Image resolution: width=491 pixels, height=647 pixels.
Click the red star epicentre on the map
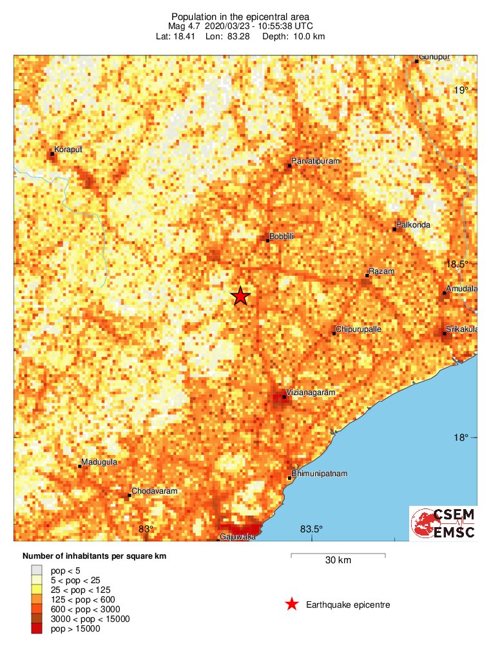pyautogui.click(x=240, y=296)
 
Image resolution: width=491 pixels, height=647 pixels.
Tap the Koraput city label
pyautogui.click(x=68, y=150)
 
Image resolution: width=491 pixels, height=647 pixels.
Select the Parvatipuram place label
pyautogui.click(x=315, y=160)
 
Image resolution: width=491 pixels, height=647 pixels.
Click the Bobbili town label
pyautogui.click(x=282, y=237)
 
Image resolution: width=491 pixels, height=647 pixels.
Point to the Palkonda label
pyautogui.click(x=414, y=225)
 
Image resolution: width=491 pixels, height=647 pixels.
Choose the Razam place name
pyautogui.click(x=381, y=272)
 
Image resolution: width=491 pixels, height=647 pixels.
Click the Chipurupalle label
pyautogui.click(x=359, y=329)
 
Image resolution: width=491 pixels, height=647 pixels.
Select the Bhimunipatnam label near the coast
pyautogui.click(x=320, y=474)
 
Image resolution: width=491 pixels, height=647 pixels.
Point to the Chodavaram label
pyautogui.click(x=154, y=491)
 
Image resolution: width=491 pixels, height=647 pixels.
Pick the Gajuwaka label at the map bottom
pyautogui.click(x=233, y=537)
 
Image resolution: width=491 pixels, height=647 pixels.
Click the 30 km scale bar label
pyautogui.click(x=338, y=561)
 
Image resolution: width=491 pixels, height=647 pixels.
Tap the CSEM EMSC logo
pyautogui.click(x=443, y=523)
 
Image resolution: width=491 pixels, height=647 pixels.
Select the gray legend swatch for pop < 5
pyautogui.click(x=38, y=570)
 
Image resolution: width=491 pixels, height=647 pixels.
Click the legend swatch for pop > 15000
pyautogui.click(x=38, y=628)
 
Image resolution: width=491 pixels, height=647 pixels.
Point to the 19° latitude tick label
pyautogui.click(x=460, y=90)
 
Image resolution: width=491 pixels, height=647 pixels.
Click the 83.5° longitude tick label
pyautogui.click(x=312, y=530)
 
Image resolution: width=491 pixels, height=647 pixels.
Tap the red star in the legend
pyautogui.click(x=292, y=604)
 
